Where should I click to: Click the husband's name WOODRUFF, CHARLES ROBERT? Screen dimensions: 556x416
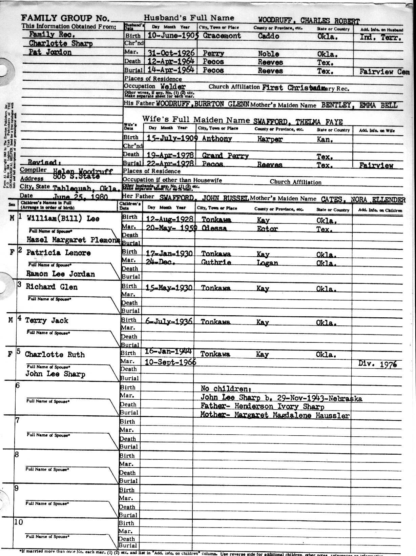click(x=309, y=20)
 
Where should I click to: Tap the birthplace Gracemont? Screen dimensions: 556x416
click(x=222, y=36)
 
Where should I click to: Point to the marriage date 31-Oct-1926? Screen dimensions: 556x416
click(x=171, y=53)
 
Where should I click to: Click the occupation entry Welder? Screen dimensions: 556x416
click(x=173, y=87)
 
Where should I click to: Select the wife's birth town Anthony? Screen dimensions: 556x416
click(x=217, y=139)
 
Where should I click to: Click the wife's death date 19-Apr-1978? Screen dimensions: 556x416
click(x=170, y=155)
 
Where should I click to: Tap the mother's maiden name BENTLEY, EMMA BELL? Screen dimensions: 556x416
click(x=359, y=105)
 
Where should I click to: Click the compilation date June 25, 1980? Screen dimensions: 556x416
click(x=81, y=197)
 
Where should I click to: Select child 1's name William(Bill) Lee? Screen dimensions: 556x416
click(x=63, y=219)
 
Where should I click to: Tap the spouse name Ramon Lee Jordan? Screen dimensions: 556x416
click(x=61, y=274)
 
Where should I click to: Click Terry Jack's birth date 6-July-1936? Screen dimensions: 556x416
click(x=169, y=321)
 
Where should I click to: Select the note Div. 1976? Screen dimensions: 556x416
click(x=377, y=364)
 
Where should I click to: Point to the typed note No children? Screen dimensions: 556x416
click(x=226, y=389)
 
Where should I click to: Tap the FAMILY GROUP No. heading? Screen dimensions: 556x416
click(x=65, y=19)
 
